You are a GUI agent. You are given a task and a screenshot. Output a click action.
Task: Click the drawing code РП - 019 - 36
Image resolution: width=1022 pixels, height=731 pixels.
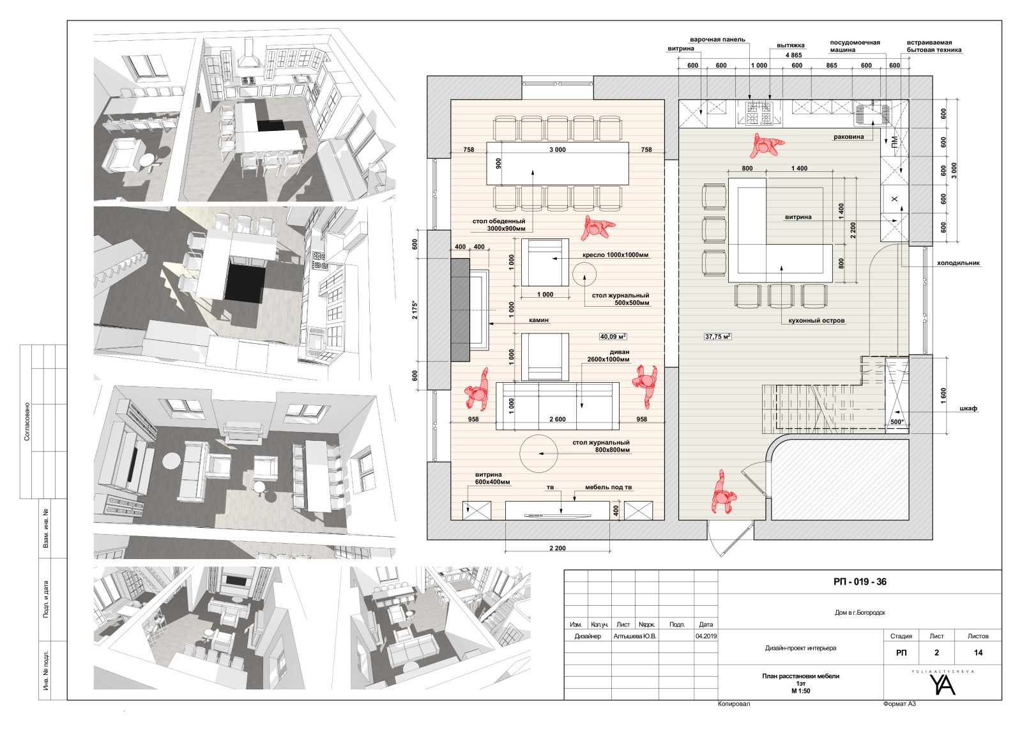point(860,581)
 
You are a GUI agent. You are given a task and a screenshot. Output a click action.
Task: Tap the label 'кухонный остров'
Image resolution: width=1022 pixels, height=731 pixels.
point(816,320)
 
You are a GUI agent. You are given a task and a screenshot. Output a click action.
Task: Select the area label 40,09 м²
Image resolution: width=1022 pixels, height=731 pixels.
point(613,337)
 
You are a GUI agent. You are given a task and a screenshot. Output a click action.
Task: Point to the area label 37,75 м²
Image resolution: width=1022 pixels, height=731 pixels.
point(718,337)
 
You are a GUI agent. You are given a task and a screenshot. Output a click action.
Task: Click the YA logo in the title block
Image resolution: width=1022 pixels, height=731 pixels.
point(942,684)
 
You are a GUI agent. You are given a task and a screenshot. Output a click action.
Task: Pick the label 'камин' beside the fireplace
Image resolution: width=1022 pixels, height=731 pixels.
point(538,320)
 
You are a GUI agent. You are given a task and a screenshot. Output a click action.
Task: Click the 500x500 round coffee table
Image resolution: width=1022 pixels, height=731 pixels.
point(584,274)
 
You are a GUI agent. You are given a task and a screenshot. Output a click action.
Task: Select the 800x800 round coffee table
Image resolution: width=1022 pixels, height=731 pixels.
point(538,454)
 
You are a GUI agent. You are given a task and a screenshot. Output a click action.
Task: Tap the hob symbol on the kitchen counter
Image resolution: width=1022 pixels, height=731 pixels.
point(759,114)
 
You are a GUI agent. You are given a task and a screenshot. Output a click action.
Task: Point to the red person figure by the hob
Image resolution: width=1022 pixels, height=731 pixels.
point(766,145)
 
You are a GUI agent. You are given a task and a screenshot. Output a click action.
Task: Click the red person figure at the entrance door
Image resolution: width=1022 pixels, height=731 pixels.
point(722,493)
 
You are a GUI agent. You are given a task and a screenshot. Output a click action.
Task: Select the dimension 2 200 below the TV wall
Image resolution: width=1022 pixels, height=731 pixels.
point(557,548)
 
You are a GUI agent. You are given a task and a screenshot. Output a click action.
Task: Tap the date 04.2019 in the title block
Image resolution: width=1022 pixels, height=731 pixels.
point(706,636)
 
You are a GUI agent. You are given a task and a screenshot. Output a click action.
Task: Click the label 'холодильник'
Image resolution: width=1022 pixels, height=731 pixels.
point(958,263)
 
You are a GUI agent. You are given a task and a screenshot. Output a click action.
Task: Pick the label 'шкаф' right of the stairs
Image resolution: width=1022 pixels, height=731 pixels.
point(968,408)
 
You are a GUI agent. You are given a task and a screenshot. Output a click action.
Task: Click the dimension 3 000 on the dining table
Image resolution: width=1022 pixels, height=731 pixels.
point(557,150)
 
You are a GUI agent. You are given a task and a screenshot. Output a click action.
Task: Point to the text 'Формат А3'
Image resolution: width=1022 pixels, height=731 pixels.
point(899,704)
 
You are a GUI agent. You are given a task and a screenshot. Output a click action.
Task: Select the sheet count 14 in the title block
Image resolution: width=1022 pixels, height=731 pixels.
point(978,652)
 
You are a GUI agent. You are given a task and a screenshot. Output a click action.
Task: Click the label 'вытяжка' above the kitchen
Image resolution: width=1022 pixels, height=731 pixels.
point(791,45)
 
